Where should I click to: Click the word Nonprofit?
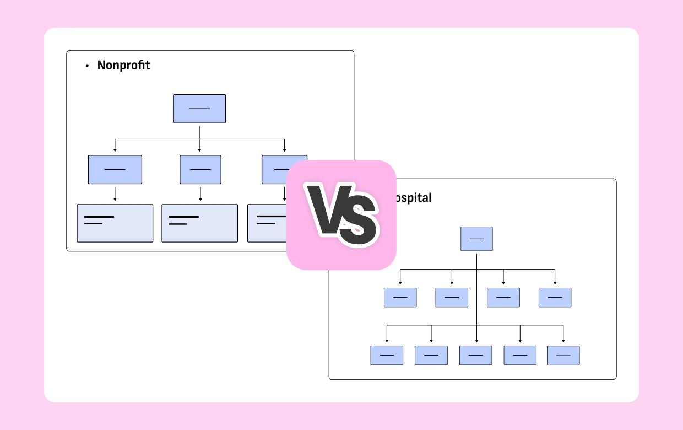[x=123, y=65]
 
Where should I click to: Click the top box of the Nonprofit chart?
[x=199, y=109]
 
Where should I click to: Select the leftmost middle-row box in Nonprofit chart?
[x=115, y=169]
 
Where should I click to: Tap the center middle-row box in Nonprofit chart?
[x=200, y=169]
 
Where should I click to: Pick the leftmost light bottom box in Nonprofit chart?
[x=115, y=223]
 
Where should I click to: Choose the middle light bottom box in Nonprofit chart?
[x=199, y=223]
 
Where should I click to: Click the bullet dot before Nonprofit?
[x=87, y=66]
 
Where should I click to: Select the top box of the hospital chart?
[x=476, y=239]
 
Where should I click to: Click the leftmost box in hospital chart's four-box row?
[x=400, y=298]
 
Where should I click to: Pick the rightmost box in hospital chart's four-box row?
[x=555, y=298]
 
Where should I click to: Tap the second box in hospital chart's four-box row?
[x=452, y=298]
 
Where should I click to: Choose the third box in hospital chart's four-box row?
[x=503, y=298]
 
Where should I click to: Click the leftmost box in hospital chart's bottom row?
[x=387, y=356]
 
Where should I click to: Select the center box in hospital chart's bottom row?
[x=476, y=356]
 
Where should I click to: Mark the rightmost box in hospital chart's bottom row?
[x=563, y=356]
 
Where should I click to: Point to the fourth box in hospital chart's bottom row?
[x=520, y=356]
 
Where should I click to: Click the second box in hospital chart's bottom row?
[x=431, y=356]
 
